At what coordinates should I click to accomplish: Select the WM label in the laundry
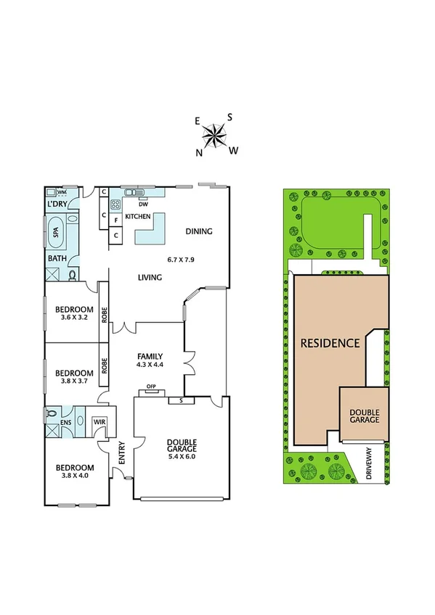[62, 192]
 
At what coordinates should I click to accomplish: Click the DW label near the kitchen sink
[144, 204]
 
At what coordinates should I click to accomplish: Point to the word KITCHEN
[138, 217]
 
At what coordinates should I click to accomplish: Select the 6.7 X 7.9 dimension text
[182, 259]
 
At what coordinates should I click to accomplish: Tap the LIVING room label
[150, 278]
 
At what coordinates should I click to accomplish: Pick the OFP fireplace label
[152, 387]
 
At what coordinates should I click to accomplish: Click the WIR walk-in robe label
[99, 421]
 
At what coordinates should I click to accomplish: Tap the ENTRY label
[122, 454]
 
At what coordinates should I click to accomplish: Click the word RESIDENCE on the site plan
[330, 343]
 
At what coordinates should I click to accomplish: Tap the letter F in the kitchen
[116, 218]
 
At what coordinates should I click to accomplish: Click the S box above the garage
[180, 400]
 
